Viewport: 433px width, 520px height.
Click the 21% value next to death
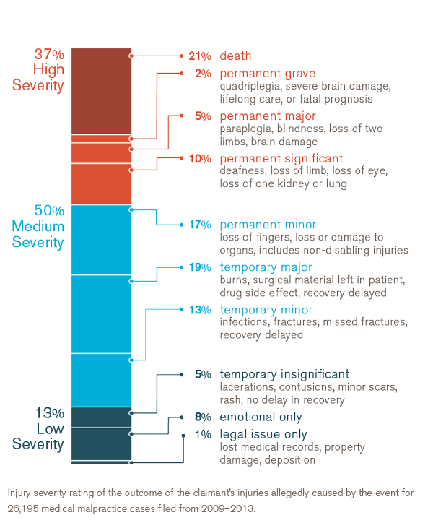point(199,56)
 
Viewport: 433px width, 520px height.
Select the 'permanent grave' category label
point(267,74)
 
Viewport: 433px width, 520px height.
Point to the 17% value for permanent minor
point(200,225)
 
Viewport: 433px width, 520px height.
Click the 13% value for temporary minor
point(200,310)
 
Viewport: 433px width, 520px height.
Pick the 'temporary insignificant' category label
point(284,374)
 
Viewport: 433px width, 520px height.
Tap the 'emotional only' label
point(261,417)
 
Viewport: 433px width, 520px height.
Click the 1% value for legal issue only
point(203,435)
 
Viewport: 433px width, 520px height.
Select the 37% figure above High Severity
point(49,54)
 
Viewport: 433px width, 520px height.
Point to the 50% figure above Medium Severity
point(49,211)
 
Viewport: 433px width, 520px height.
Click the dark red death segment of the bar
point(101,90)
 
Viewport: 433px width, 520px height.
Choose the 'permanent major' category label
point(267,116)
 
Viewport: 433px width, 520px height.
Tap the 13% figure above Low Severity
point(49,414)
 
